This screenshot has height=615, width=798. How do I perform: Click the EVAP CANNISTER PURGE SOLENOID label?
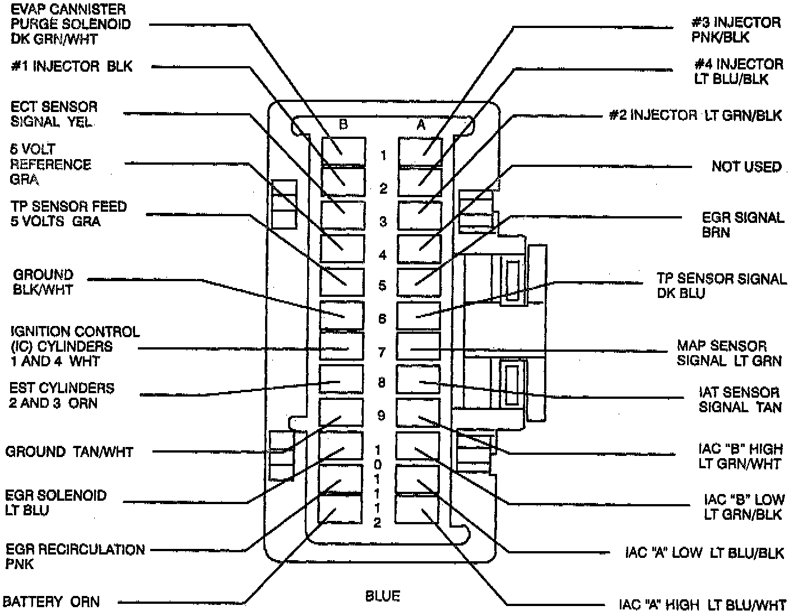tap(70, 25)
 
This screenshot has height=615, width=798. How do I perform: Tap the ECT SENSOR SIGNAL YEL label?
tap(54, 114)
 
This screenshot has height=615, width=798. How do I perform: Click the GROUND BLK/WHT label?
tap(43, 282)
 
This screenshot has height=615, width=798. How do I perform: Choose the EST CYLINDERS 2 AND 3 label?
tap(61, 395)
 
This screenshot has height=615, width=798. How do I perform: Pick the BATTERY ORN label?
tap(52, 602)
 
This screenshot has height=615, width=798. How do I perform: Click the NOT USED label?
tap(746, 167)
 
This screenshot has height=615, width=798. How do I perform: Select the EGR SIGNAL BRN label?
tap(743, 225)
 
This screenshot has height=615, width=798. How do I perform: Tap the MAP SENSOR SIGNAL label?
tap(729, 353)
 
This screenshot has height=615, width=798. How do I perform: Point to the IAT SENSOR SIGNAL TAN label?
tap(739, 399)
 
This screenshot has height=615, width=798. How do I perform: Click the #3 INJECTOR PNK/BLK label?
tap(735, 30)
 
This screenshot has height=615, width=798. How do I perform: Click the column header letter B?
tap(344, 125)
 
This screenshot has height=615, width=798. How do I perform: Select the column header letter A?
tap(421, 125)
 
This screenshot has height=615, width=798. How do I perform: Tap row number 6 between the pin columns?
tap(382, 319)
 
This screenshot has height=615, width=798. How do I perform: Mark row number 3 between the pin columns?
tap(383, 221)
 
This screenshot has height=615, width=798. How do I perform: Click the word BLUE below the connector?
tap(383, 596)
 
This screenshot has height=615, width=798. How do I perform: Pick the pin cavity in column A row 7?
tap(418, 346)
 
